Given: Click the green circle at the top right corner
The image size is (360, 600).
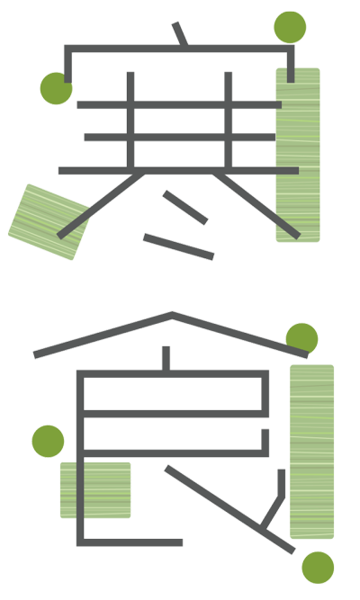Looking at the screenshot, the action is (290, 27).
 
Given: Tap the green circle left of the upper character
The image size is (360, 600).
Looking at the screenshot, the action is (56, 88).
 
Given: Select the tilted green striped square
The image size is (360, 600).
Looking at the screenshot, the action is (49, 222).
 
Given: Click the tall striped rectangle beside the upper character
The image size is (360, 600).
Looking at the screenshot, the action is (298, 155).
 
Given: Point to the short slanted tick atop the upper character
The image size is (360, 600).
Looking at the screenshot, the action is (180, 33).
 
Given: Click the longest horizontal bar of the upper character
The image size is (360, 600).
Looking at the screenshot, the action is (178, 171).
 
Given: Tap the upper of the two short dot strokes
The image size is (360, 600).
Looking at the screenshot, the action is (185, 208).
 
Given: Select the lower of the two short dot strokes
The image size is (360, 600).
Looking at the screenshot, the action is (178, 246).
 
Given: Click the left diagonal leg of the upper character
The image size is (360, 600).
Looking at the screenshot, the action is (101, 206).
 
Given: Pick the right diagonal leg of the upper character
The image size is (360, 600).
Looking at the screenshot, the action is (256, 206).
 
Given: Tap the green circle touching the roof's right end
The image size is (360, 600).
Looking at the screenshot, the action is (301, 339).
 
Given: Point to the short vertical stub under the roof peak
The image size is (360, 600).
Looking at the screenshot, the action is (166, 359).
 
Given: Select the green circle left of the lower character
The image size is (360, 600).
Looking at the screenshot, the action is (48, 441).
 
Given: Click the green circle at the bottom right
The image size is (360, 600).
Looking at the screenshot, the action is (318, 568).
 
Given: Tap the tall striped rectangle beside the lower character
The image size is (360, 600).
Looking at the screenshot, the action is (311, 452).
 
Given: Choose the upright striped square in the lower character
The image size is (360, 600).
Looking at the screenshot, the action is (95, 490).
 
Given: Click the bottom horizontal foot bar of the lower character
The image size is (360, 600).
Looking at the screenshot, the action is (130, 542).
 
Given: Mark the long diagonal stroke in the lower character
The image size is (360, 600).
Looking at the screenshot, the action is (229, 510).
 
